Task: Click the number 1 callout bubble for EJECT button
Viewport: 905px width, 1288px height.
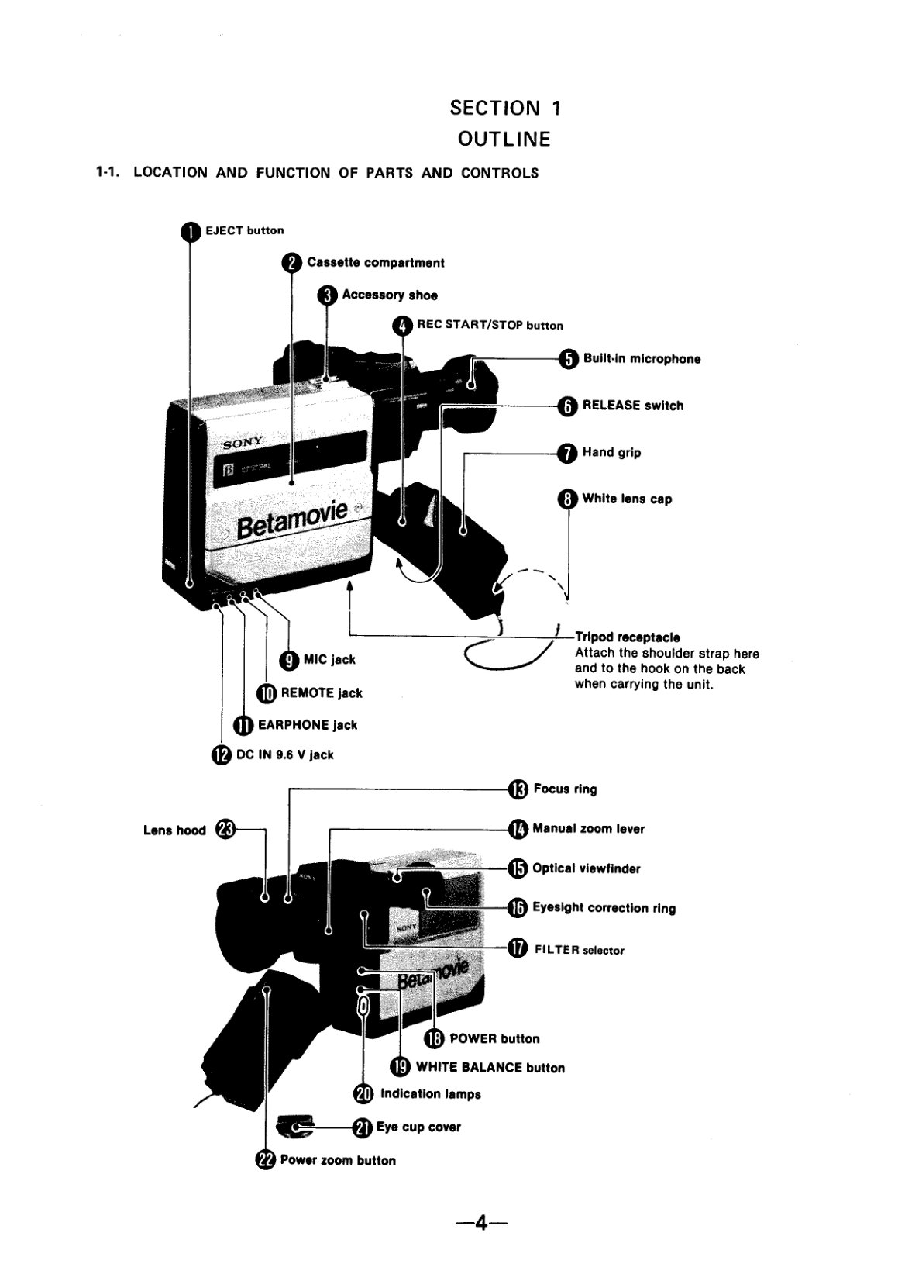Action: [191, 231]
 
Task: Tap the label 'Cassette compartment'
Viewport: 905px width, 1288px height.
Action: [376, 263]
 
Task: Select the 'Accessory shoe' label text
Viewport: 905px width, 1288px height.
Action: [390, 295]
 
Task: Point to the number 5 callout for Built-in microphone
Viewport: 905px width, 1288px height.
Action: [568, 360]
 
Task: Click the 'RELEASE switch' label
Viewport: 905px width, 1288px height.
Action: [633, 406]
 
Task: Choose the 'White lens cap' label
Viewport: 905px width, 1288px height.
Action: [627, 499]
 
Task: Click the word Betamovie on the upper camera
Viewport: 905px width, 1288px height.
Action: [292, 520]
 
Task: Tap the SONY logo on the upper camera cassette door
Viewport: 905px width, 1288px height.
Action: [243, 442]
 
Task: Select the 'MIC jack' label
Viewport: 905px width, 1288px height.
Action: [329, 660]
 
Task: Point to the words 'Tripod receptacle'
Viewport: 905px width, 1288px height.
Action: [628, 637]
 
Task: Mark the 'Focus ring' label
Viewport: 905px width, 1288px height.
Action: [565, 789]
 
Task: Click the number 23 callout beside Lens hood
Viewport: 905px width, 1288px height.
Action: [225, 830]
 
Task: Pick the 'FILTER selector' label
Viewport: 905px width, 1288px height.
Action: [580, 951]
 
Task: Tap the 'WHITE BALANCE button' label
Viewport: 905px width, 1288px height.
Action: [490, 1068]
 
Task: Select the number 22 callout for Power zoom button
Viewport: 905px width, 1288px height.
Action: [266, 1160]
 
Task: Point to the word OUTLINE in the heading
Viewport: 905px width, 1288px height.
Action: [504, 139]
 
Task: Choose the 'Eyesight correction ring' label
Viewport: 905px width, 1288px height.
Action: [604, 908]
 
